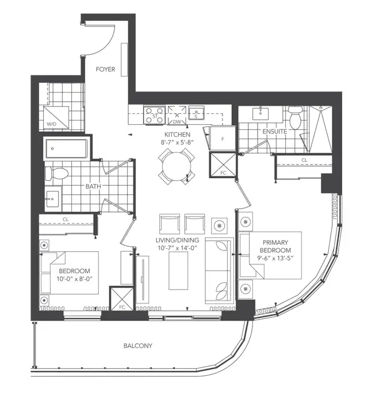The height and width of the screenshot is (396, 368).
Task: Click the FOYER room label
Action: pos(106,70)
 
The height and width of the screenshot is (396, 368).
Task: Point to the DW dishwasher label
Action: pos(177,122)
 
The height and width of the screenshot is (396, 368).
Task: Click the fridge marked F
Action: pos(221,139)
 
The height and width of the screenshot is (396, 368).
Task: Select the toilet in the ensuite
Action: pos(296,120)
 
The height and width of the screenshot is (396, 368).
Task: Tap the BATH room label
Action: pos(94,187)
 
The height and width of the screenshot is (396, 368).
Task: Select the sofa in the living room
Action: pos(218,266)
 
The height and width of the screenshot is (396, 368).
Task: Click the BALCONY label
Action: pos(138,345)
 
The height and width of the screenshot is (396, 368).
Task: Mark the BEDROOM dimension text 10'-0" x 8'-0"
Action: pos(74,278)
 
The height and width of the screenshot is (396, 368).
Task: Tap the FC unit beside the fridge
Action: pos(221,171)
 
